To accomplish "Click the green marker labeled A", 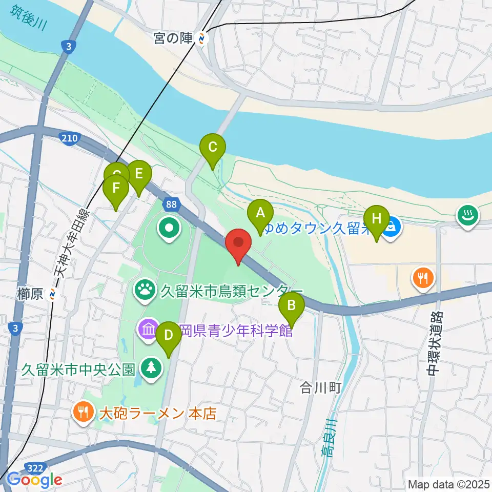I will (x=260, y=213).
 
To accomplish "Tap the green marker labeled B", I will (x=291, y=306).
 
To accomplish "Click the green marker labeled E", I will (x=138, y=174).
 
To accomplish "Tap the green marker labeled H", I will (x=377, y=219).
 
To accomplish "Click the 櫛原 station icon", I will (x=52, y=294).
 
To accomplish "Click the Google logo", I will (x=34, y=480).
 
